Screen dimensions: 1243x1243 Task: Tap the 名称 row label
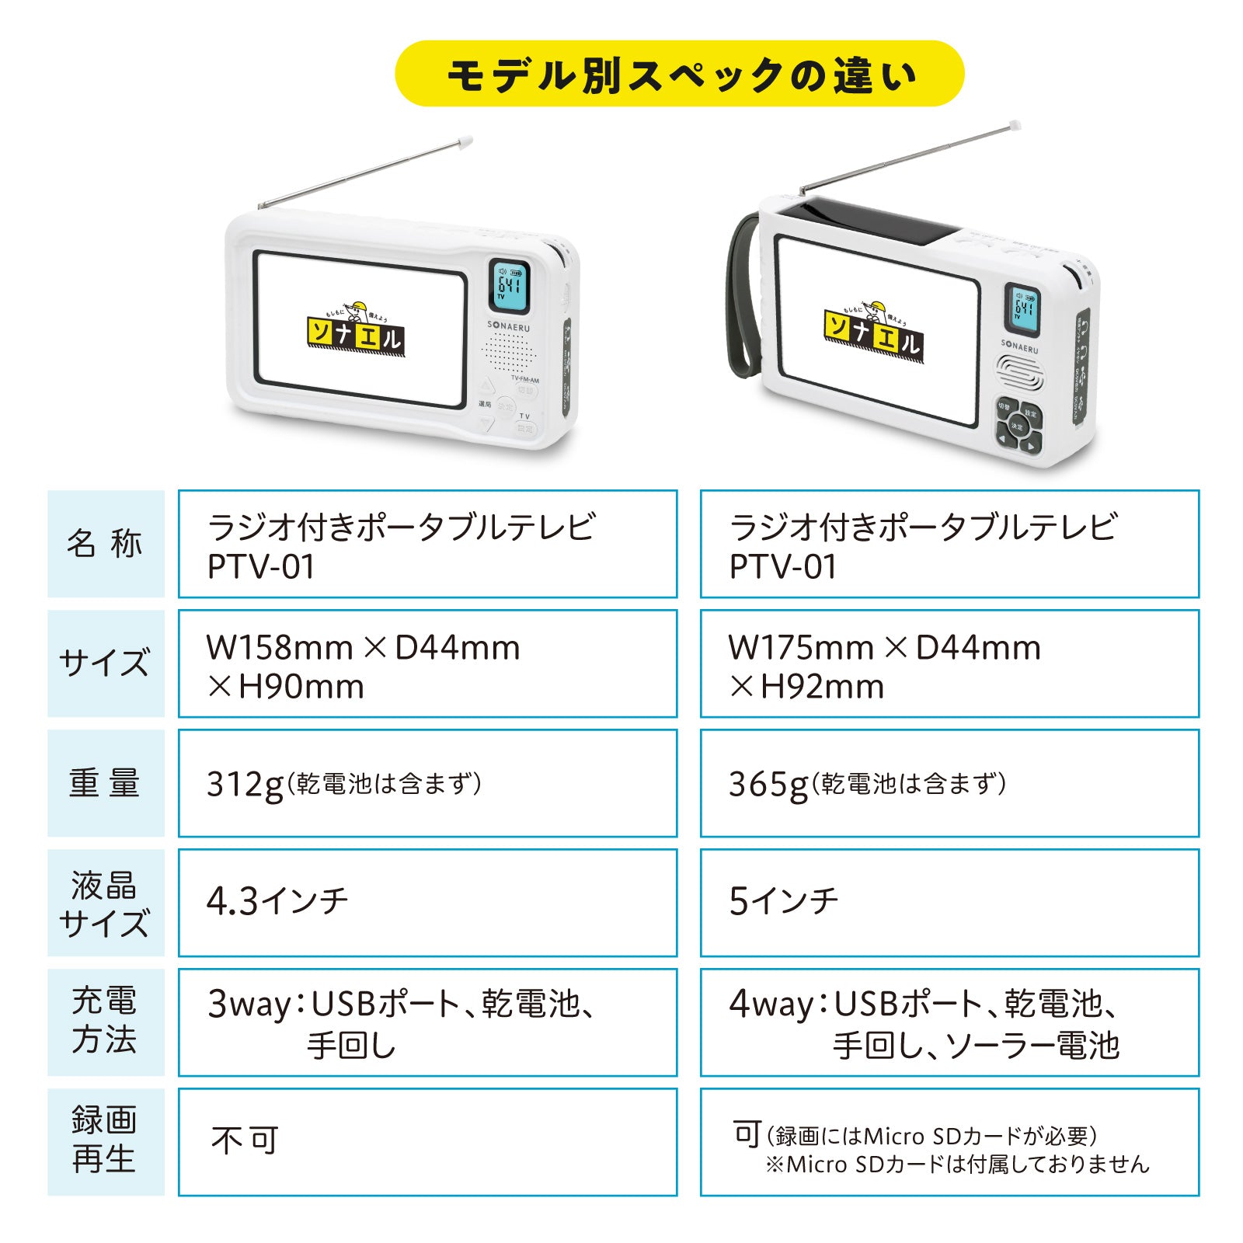tap(106, 544)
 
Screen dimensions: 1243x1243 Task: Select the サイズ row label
tap(106, 663)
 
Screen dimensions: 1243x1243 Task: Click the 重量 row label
tap(106, 783)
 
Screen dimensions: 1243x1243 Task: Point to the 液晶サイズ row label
tap(106, 903)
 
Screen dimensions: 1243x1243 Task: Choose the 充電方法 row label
tap(106, 1022)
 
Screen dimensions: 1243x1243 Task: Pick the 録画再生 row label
tap(106, 1142)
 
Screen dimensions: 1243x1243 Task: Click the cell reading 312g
tap(427, 783)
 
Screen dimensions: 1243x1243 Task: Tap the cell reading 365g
tap(949, 783)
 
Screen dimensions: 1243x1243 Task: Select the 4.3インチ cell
tap(427, 903)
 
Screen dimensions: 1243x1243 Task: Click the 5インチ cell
tap(949, 903)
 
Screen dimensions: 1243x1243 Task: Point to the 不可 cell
tap(427, 1142)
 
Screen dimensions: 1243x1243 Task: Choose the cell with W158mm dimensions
tap(427, 663)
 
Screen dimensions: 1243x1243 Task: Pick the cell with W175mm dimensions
tap(949, 663)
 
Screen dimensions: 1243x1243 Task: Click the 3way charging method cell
tap(427, 1022)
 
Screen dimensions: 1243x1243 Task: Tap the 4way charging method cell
tap(949, 1022)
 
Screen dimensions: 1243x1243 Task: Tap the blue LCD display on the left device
tap(509, 285)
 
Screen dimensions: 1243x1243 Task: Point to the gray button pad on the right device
tap(1018, 427)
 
